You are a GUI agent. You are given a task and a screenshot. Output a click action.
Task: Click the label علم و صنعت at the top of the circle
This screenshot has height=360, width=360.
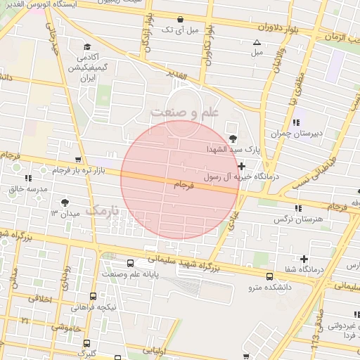point(184,112)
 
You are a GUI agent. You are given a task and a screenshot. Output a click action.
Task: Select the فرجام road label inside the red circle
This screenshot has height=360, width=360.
point(181,184)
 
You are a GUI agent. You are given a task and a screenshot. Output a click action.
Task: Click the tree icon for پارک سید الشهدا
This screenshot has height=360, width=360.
point(233,138)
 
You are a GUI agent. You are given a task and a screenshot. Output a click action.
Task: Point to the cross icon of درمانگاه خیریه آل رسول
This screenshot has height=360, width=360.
point(242,167)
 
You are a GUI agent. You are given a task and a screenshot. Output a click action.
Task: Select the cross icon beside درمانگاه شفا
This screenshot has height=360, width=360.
point(304,259)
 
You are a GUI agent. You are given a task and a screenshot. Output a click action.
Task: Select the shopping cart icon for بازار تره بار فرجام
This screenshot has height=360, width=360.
point(78,160)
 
